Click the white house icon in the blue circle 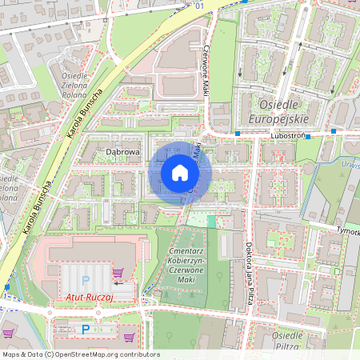[x=179, y=173]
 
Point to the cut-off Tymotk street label [x=347, y=231]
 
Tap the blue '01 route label [x=198, y=6]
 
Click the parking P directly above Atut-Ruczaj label [x=85, y=281]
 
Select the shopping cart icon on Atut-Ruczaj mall [x=118, y=273]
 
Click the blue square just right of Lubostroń [x=307, y=137]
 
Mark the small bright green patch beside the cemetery [x=211, y=221]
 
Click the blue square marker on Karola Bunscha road [x=7, y=286]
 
